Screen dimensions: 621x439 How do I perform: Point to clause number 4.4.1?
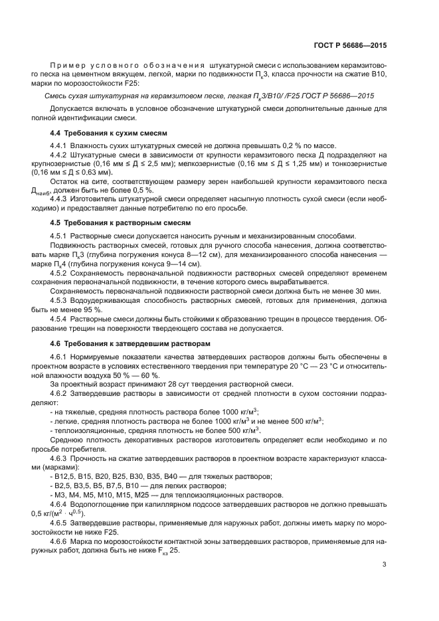60,145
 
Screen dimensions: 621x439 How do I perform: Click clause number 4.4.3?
60,199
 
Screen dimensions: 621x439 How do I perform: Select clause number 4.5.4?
60,319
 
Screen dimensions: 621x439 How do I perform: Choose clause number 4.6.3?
60,459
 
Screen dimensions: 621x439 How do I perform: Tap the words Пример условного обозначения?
126,66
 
